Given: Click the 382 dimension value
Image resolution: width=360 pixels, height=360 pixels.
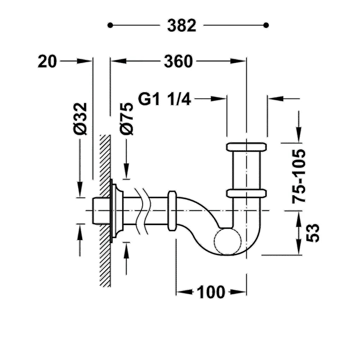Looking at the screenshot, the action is click(182, 25).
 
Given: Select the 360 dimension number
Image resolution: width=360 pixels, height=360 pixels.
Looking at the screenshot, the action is click(178, 61).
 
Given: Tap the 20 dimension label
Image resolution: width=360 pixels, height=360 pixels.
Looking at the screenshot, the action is click(47, 61).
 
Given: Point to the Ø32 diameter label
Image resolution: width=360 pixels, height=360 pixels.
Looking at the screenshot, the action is click(80, 119).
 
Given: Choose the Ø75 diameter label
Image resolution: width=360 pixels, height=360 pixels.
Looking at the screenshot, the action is click(126, 119).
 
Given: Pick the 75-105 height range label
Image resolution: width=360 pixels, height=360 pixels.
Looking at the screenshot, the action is click(299, 176).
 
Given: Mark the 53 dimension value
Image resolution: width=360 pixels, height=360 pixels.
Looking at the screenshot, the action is click(313, 233).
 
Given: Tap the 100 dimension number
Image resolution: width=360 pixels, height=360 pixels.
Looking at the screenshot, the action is click(211, 292).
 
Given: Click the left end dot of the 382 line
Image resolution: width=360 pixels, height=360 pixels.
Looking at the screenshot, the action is click(110, 25).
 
